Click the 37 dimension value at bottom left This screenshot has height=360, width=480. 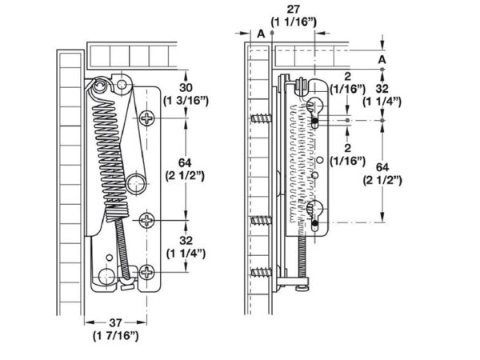coord(116,322)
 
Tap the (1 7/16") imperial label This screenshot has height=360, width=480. coord(116,336)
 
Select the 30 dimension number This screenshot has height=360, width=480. coord(186,87)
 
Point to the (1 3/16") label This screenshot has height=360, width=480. coord(186,101)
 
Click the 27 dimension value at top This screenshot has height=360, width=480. coord(294,9)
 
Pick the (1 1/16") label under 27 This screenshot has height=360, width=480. coord(294,22)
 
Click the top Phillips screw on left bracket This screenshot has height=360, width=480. coord(147,118)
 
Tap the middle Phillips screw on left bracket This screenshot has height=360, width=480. coord(147,220)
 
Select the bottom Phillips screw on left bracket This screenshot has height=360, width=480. coord(147,272)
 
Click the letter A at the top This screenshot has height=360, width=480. coord(261,34)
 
